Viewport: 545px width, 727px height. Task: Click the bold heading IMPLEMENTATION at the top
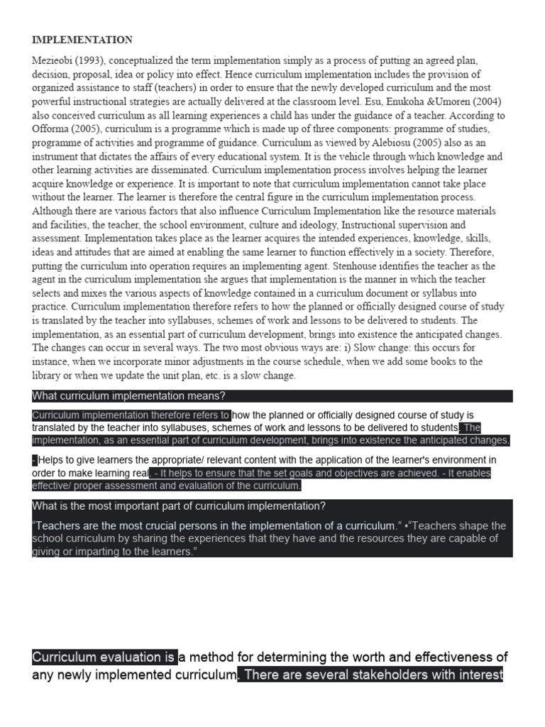[x=82, y=40]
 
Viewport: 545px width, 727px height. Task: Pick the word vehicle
[x=349, y=156]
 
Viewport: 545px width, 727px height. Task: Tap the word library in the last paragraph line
[x=48, y=376]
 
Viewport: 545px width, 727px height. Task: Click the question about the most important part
[x=179, y=506]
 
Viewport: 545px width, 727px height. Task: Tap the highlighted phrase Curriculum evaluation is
[x=104, y=657]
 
